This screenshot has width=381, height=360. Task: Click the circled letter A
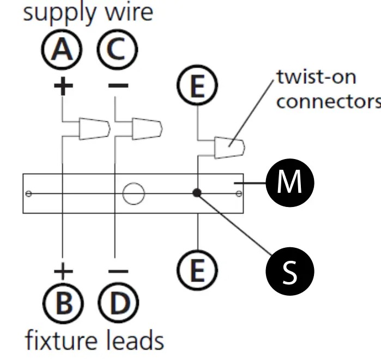(x=62, y=50)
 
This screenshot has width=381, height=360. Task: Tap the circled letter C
(x=117, y=50)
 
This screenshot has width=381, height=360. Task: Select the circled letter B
(x=63, y=303)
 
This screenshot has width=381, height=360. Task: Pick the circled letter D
(x=119, y=303)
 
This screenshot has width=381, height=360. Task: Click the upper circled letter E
(x=197, y=85)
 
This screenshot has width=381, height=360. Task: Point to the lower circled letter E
(x=197, y=270)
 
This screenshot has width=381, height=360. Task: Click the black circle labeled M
(x=290, y=183)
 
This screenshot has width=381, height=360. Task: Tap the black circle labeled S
(x=290, y=271)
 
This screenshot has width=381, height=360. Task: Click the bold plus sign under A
(x=63, y=86)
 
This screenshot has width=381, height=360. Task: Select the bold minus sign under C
(x=118, y=86)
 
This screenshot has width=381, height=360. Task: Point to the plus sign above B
(x=63, y=271)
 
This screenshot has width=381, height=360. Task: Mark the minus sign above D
(x=118, y=271)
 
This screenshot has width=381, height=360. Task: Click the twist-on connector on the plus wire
(x=94, y=129)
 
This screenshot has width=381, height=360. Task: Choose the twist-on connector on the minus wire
(x=147, y=129)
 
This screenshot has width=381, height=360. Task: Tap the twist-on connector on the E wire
(x=229, y=148)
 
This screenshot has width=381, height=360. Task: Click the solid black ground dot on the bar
(x=197, y=193)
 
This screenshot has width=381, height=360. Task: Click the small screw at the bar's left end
(x=28, y=194)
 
